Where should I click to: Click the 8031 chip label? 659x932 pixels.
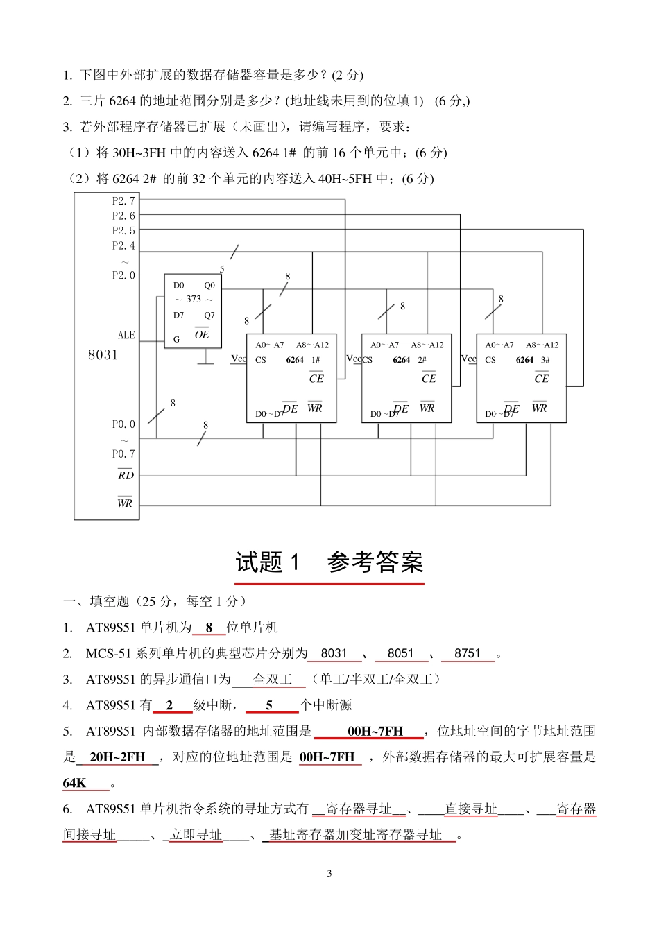[103, 355]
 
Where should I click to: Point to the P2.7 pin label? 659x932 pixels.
[123, 201]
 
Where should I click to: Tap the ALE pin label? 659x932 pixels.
[126, 336]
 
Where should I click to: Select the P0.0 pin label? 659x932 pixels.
[123, 424]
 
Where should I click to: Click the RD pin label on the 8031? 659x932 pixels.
[126, 476]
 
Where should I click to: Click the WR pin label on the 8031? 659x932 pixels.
[125, 503]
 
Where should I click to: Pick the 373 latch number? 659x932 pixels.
[194, 300]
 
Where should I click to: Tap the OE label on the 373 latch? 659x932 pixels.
[202, 334]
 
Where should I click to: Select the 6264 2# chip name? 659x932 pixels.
[409, 360]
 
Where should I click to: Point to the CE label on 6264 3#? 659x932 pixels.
[542, 379]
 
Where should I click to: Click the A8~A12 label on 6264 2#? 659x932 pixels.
[427, 345]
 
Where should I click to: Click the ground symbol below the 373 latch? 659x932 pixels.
[205, 361]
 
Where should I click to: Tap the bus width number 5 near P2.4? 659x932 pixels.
[222, 269]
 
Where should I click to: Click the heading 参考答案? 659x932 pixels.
[375, 562]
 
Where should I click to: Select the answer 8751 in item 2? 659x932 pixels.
[468, 653]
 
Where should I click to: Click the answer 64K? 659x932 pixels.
[75, 784]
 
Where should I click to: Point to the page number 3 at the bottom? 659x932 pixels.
[329, 873]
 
